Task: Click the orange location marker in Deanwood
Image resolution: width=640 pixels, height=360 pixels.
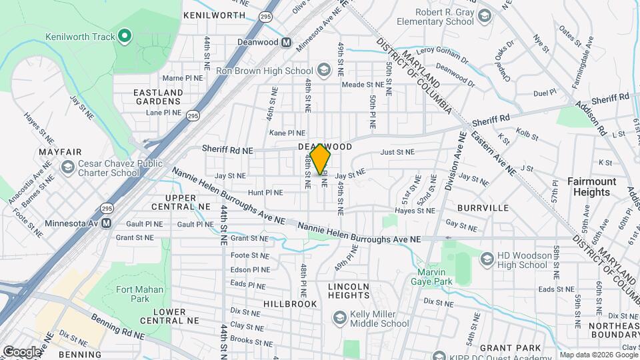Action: [321, 159]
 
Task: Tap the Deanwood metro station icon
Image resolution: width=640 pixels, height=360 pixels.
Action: [287, 42]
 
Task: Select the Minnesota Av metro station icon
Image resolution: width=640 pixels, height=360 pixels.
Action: [106, 223]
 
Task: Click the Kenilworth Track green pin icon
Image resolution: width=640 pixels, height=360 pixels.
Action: [125, 35]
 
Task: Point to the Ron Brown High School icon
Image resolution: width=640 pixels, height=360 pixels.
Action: [323, 71]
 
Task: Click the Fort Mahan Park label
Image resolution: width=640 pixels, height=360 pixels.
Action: [140, 294]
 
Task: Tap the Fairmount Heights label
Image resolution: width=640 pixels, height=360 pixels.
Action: [588, 187]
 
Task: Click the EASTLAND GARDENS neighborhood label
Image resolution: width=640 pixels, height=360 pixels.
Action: [157, 97]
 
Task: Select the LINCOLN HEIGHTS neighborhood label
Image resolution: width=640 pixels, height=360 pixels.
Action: [348, 291]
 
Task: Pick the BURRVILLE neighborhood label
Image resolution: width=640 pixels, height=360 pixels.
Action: [483, 208]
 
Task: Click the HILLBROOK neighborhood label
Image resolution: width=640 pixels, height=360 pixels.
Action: [290, 303]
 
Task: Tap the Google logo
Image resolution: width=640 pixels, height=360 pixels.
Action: [22, 352]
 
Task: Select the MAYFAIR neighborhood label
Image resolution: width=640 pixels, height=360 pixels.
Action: [55, 152]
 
